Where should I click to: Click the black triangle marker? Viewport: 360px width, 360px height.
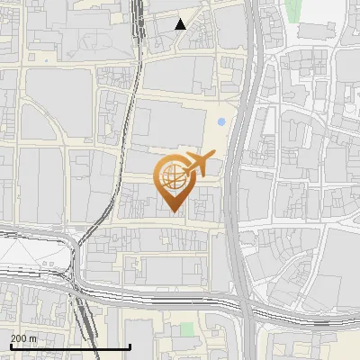pyautogui.click(x=181, y=24)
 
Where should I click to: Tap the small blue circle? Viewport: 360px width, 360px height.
pyautogui.click(x=221, y=121)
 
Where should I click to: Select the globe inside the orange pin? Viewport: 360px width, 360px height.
pyautogui.click(x=171, y=175)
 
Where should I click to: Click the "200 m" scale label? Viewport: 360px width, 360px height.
pyautogui.click(x=23, y=337)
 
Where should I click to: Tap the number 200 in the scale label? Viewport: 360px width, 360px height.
pyautogui.click(x=19, y=337)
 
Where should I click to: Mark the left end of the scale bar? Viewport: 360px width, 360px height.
pyautogui.click(x=9, y=346)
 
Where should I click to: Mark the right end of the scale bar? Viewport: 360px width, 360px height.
pyautogui.click(x=130, y=346)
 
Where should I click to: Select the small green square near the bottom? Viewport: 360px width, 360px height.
pyautogui.click(x=186, y=329)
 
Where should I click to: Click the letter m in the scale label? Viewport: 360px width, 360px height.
pyautogui.click(x=33, y=337)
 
